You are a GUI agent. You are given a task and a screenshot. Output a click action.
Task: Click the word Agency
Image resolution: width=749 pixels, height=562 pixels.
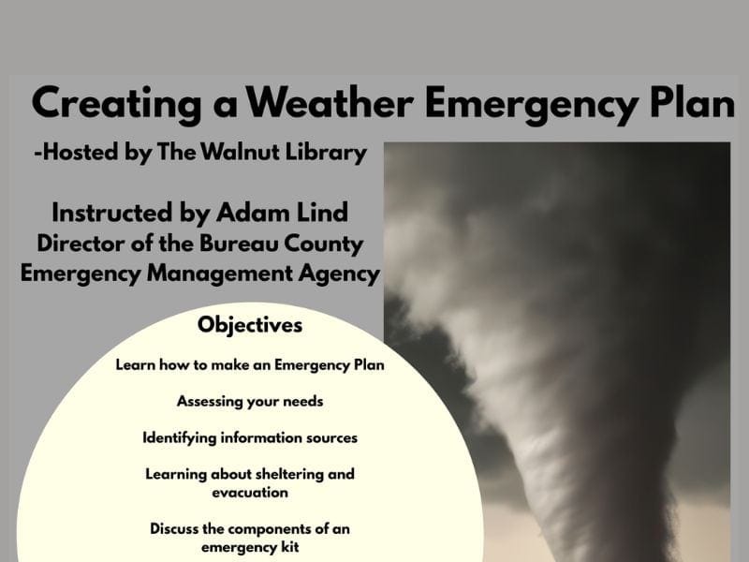coord(335,274)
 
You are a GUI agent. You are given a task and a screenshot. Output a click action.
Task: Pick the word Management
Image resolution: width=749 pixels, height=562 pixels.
coord(218,274)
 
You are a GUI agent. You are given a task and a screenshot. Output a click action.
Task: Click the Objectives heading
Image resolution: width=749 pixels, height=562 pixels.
coord(250,326)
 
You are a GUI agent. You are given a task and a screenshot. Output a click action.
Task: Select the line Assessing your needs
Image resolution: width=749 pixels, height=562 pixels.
coord(250,401)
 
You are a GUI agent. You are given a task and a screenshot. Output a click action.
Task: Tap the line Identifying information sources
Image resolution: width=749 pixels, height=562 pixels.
coord(250,437)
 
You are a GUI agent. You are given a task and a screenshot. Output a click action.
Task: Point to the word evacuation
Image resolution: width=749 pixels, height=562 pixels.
coord(250,492)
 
